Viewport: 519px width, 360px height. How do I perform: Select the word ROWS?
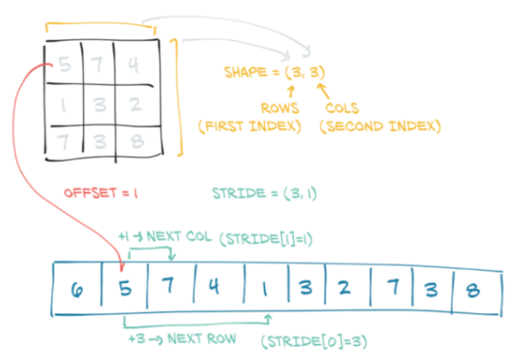tap(280, 108)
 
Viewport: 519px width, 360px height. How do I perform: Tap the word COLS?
tap(342, 108)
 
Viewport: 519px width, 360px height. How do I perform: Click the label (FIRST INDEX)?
tap(249, 127)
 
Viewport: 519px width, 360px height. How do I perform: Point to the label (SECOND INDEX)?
tap(380, 127)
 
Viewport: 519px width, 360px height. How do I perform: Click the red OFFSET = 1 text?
tap(101, 193)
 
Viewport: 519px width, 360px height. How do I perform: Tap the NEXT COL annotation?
tap(179, 237)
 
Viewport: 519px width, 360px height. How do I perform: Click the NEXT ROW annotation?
tap(202, 339)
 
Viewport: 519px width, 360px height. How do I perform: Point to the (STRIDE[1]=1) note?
tap(266, 239)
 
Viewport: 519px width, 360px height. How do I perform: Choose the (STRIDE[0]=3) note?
tap(314, 342)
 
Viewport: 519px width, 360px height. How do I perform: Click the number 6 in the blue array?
tap(77, 290)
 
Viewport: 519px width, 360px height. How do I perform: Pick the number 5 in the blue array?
tap(125, 288)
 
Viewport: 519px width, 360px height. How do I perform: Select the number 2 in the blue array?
tap(344, 288)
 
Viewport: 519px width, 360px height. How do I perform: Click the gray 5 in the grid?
tap(65, 64)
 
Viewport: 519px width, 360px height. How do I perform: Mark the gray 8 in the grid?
tap(137, 141)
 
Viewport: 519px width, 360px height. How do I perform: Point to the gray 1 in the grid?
tap(63, 105)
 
